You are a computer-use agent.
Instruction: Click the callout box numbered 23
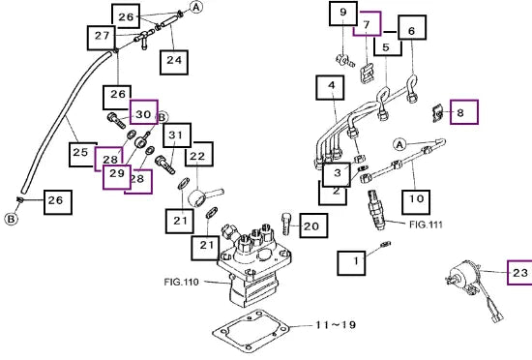coord(519,273)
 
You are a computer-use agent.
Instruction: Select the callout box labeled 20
coord(313,225)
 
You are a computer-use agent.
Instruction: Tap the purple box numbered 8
coord(464,112)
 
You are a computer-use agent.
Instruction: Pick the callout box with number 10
coord(416,202)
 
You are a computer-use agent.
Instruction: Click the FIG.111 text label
coord(426,225)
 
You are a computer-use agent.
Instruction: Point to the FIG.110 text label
coord(181,282)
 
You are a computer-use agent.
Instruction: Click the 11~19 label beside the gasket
coord(336,325)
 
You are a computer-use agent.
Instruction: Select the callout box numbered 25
coord(82,155)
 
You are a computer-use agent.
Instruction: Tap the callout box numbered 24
coord(174,62)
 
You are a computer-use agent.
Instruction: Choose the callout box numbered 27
coord(102,38)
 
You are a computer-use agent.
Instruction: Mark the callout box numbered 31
coord(177,135)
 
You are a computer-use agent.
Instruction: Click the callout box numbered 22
coord(199,154)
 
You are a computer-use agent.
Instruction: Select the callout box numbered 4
coord(330,87)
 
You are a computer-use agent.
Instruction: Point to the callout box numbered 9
coord(343,14)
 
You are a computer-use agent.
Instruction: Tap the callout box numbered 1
coord(351,263)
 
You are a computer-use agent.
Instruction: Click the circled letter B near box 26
coord(11,219)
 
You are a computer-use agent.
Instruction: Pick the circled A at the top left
coord(196,7)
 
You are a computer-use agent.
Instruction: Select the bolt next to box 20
coord(285,223)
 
